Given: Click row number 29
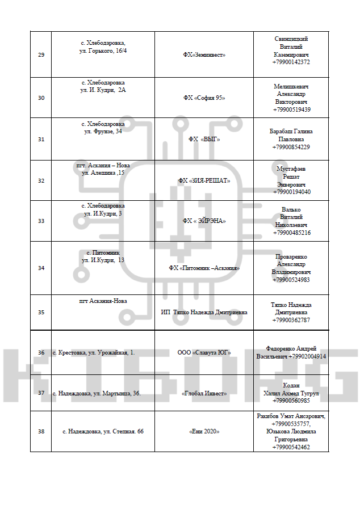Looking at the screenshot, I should point(41,55).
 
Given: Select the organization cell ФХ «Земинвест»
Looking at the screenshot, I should point(204,55).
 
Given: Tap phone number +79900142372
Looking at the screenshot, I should point(291,62).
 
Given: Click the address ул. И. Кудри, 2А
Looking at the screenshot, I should point(103,90).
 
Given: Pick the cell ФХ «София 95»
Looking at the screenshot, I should point(204,98).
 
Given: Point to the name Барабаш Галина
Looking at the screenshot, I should point(291,131).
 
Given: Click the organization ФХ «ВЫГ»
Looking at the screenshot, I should point(204,139).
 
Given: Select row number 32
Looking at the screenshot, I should point(41,181).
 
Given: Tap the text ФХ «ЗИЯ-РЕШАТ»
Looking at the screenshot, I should point(204,181).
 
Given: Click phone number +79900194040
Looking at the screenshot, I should point(291,192).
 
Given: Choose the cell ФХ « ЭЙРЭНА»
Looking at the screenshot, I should point(204,221).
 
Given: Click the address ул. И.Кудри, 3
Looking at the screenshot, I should point(103,213).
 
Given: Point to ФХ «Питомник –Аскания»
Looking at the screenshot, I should point(204,268).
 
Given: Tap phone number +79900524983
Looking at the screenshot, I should point(291,280).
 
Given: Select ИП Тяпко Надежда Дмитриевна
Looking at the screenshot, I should point(204,312).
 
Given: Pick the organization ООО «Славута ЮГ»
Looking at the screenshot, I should point(204,352).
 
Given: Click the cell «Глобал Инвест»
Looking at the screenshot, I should point(204,393).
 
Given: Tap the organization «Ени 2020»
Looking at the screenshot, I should point(204,432).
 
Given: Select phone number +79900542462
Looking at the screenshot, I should point(291,447).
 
